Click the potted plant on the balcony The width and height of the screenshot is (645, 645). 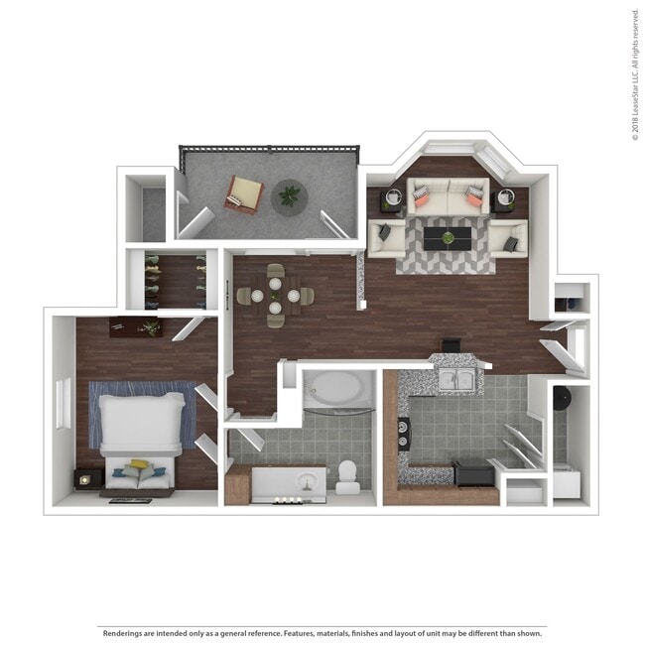289,195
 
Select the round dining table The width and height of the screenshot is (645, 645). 275,295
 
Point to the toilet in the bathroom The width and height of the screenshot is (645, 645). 348,475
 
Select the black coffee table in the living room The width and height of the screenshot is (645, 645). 449,237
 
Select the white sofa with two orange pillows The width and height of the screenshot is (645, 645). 448,196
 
